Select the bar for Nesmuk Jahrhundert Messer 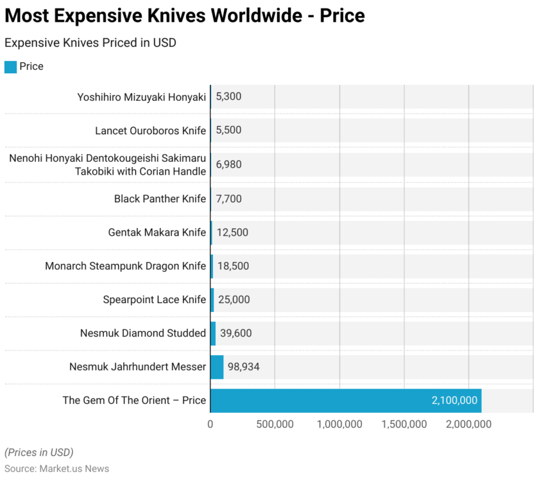tap(217, 367)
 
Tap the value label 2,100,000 tap(454, 400)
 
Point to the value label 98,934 tap(243, 367)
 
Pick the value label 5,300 tap(228, 97)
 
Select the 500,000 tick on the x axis tap(275, 424)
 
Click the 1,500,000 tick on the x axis tap(404, 424)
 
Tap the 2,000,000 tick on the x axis tap(468, 424)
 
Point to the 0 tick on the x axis tap(210, 424)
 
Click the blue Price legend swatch tap(10, 67)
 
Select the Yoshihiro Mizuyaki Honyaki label tap(142, 97)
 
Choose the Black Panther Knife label tap(160, 198)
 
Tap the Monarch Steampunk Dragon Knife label tap(126, 266)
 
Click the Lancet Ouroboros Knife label tap(151, 131)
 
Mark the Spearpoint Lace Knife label tap(155, 299)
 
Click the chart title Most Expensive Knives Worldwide tap(185, 15)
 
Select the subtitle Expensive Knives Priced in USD tap(90, 43)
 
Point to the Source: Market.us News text tap(56, 469)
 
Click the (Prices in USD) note tap(38, 452)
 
